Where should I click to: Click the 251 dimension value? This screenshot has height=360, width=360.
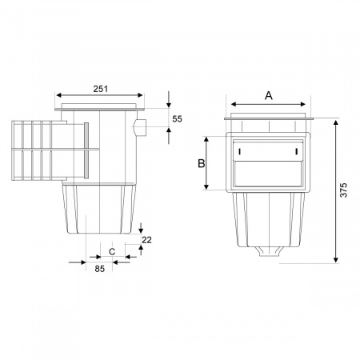(101, 89)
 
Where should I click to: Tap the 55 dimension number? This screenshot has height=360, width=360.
(177, 119)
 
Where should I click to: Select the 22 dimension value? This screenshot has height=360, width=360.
(146, 240)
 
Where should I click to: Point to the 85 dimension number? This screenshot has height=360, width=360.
(100, 269)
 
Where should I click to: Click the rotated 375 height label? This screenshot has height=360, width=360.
(344, 190)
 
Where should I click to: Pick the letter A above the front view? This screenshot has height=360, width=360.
(269, 95)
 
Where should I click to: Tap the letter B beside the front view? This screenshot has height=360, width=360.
(202, 163)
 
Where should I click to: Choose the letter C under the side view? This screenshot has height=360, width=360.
(112, 252)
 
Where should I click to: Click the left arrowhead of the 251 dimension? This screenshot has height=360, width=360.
(59, 95)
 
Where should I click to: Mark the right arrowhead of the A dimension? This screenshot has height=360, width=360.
(302, 104)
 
